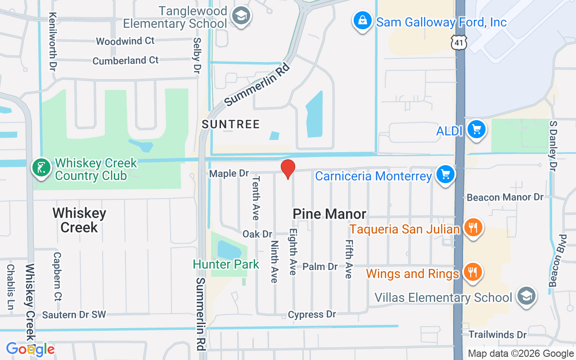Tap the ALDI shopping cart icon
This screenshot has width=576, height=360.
tap(476, 130)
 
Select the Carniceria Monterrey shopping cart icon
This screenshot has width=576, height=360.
tap(445, 175)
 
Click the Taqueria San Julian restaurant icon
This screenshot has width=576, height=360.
tap(472, 228)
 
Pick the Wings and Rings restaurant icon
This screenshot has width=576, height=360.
tap(472, 273)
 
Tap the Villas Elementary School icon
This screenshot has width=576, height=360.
tap(526, 297)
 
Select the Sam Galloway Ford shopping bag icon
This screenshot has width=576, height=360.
tap(362, 21)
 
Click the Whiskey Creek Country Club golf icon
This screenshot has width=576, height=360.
tap(41, 168)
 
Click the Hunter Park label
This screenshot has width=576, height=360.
tap(226, 264)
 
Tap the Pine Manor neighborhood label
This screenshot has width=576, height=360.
tap(329, 214)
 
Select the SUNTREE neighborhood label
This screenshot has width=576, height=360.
tap(231, 124)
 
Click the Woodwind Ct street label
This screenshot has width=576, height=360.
tap(125, 41)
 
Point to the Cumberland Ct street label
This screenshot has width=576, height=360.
tap(126, 60)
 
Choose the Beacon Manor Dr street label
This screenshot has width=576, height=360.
tap(505, 197)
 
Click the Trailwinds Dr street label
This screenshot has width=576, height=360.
tap(498, 334)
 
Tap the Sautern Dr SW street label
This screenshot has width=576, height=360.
tap(74, 315)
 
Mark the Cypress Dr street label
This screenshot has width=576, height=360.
tap(312, 314)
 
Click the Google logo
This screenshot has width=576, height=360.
tap(30, 349)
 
